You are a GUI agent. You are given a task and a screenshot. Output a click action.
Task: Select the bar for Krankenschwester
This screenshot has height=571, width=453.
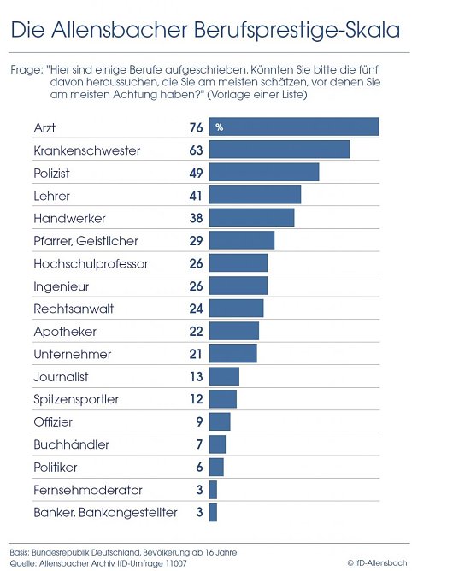click(x=279, y=150)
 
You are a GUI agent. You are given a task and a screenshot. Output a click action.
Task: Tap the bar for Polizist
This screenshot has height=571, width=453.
click(x=263, y=173)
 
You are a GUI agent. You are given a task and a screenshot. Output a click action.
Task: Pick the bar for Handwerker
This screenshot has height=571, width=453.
click(x=251, y=218)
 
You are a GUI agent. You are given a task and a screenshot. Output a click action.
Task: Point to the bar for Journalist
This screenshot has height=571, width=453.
click(x=224, y=376)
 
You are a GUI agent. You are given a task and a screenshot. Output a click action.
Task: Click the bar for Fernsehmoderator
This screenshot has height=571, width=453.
click(x=213, y=490)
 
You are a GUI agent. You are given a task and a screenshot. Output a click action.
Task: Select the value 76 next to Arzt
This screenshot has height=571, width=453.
click(x=195, y=127)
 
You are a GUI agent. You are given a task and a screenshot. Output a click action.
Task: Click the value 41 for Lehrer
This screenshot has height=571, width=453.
click(x=195, y=196)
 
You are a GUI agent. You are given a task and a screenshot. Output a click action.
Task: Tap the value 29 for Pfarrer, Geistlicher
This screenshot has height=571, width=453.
click(x=195, y=241)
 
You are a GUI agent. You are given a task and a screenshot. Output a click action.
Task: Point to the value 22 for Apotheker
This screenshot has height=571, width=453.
click(x=195, y=331)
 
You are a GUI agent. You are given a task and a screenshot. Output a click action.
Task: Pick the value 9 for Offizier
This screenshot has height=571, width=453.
click(x=198, y=421)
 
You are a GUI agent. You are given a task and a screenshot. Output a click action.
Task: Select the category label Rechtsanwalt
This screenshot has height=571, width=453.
click(x=74, y=309)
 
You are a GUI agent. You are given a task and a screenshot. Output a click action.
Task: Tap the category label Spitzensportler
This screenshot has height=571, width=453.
click(x=76, y=399)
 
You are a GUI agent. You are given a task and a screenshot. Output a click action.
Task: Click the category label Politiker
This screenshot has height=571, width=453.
click(x=56, y=468)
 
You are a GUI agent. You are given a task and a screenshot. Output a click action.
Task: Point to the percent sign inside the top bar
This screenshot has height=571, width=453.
click(x=220, y=127)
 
